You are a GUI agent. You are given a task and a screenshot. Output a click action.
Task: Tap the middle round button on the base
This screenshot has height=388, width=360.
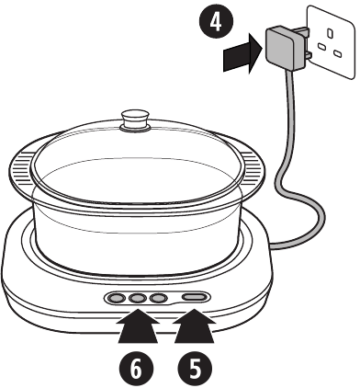(139, 298)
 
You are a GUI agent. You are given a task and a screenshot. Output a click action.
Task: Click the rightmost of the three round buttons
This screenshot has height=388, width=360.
(158, 298)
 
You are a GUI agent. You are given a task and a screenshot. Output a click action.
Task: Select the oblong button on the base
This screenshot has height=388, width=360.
(194, 298)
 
